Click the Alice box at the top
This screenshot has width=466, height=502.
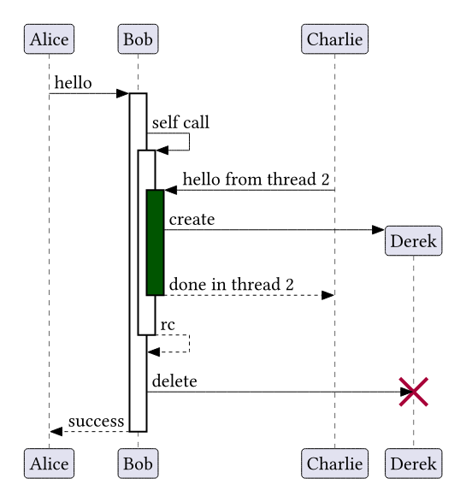point(49,38)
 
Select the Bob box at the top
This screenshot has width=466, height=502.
point(138,38)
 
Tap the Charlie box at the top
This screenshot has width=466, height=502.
point(334,38)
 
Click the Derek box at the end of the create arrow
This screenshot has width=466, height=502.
point(413,241)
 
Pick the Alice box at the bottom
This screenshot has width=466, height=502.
point(49,464)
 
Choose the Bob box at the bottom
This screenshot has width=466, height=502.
point(138,464)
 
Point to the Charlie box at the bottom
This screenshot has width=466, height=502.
point(334,464)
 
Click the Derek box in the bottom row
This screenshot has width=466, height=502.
point(413,464)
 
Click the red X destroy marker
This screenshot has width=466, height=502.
point(413,392)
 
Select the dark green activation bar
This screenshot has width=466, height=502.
point(156,242)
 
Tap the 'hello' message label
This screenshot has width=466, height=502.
point(74,83)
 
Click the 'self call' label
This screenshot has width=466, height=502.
point(180,122)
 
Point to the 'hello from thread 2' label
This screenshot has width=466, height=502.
point(256,179)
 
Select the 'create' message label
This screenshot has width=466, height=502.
point(192,220)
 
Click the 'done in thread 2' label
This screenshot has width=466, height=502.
point(232,284)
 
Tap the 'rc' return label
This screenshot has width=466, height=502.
point(168,325)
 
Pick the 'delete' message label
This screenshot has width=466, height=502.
point(174,381)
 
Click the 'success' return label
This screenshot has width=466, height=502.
point(96,422)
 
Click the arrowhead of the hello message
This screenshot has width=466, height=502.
point(122,93)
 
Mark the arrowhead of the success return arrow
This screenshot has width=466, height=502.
point(56,431)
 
